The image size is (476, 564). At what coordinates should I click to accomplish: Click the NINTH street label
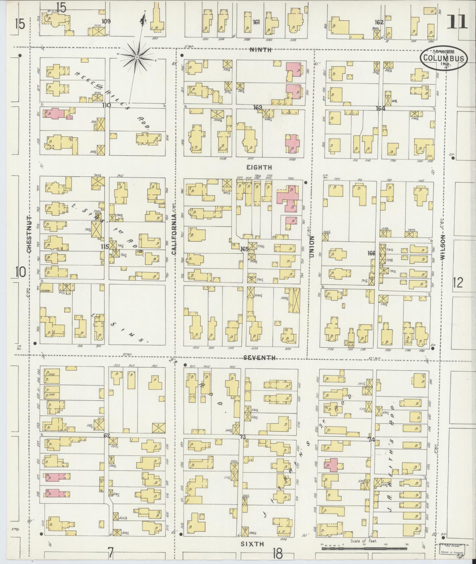pyautogui.click(x=260, y=50)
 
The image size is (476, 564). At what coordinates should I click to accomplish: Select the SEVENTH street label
pyautogui.click(x=260, y=358)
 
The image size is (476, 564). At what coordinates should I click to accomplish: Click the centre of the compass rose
pyautogui.click(x=137, y=57)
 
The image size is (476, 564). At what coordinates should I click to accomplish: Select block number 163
pyautogui.click(x=257, y=108)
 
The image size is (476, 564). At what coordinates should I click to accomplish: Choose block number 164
pyautogui.click(x=380, y=108)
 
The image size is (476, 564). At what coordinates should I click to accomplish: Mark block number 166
pyautogui.click(x=371, y=253)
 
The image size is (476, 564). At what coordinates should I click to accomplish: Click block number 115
pyautogui.click(x=104, y=246)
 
